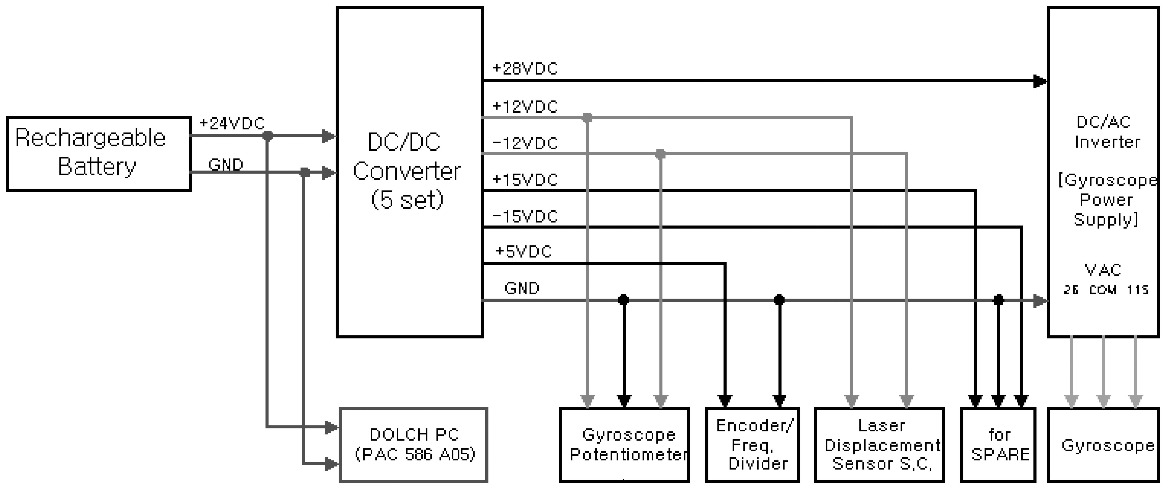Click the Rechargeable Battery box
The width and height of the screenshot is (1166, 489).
99,154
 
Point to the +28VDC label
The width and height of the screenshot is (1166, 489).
525,69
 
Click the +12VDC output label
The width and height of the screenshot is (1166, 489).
525,107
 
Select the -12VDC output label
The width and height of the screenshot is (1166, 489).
525,143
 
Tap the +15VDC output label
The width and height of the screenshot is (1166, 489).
525,180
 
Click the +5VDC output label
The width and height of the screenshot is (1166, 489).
524,251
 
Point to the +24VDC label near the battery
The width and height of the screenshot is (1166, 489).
232,123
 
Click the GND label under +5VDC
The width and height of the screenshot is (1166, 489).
522,288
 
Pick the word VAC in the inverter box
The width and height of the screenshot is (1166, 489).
1103,270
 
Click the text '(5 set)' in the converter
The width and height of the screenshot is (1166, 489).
407,199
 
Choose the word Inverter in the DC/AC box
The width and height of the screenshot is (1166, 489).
1107,142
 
